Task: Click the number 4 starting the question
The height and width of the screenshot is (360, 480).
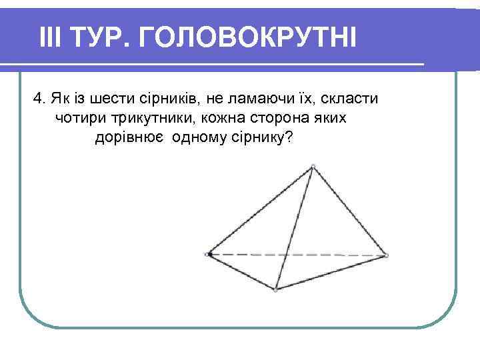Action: (x=37, y=99)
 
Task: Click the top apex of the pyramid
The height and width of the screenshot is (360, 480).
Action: (x=313, y=167)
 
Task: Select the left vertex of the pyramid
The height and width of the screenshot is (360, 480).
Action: (x=209, y=254)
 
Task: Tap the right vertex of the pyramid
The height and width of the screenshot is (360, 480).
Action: (x=386, y=255)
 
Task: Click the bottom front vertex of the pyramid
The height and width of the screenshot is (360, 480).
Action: (x=276, y=289)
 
